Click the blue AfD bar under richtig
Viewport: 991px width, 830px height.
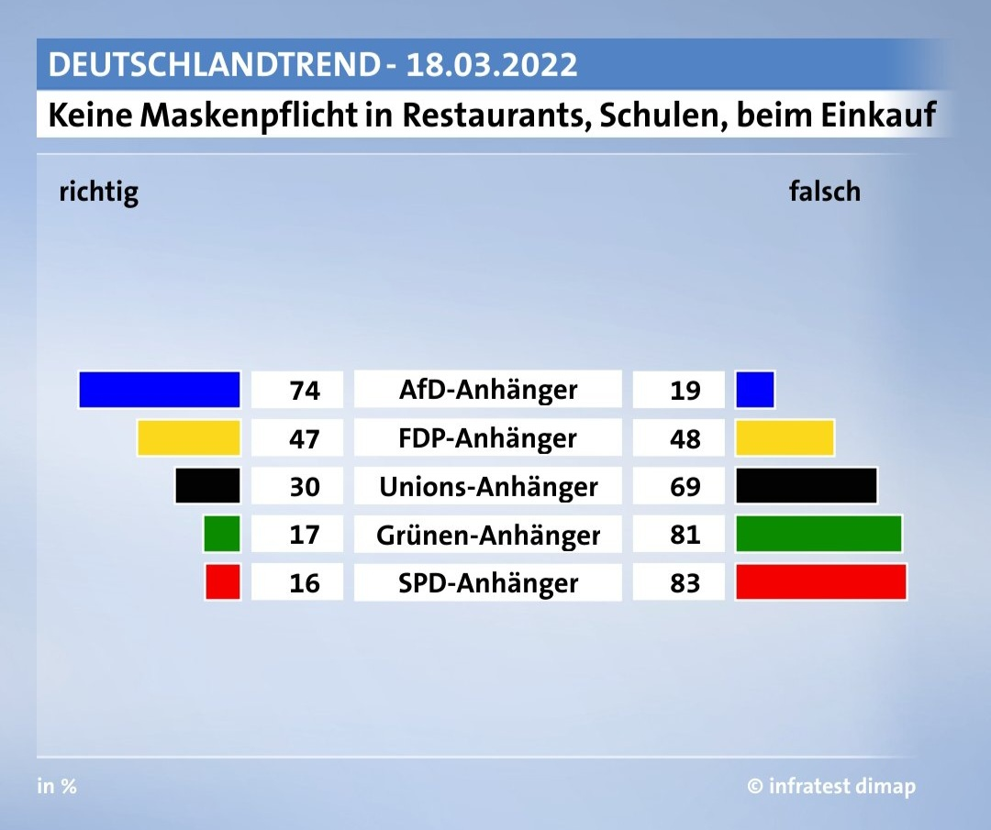pyautogui.click(x=160, y=389)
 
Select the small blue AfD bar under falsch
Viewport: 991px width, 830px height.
pyautogui.click(x=755, y=389)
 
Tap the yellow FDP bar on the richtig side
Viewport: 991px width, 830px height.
pyautogui.click(x=188, y=437)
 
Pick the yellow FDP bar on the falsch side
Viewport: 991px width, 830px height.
pyautogui.click(x=785, y=437)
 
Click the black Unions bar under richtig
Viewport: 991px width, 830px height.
pyautogui.click(x=207, y=485)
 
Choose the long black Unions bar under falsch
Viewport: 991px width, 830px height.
pyautogui.click(x=807, y=485)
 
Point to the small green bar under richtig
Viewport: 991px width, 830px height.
pyautogui.click(x=222, y=534)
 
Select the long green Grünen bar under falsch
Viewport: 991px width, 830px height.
pyautogui.click(x=818, y=534)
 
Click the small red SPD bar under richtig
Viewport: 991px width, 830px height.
pyautogui.click(x=223, y=582)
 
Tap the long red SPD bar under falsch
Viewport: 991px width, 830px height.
pyautogui.click(x=821, y=582)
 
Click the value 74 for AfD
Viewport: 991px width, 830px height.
pyautogui.click(x=304, y=391)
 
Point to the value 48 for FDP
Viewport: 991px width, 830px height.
pyautogui.click(x=685, y=438)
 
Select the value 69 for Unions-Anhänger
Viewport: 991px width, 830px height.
pyautogui.click(x=685, y=487)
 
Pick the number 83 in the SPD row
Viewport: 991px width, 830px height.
pyautogui.click(x=685, y=583)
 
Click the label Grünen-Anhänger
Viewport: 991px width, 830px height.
pyautogui.click(x=488, y=535)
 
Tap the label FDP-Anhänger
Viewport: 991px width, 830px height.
pyautogui.click(x=488, y=438)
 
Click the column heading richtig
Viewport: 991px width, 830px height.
pyautogui.click(x=98, y=192)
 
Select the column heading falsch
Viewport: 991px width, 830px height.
pyautogui.click(x=824, y=191)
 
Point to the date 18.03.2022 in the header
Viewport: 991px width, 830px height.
pyautogui.click(x=492, y=65)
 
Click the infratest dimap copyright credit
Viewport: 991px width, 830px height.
pyautogui.click(x=830, y=786)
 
